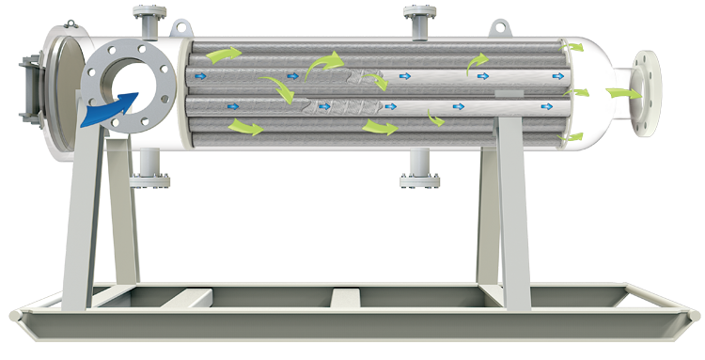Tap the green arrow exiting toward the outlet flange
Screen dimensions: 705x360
click(x=619, y=93)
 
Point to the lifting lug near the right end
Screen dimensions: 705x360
click(x=498, y=27)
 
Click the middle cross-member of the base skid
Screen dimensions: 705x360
click(x=344, y=299)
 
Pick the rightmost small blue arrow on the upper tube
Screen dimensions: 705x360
click(x=558, y=74)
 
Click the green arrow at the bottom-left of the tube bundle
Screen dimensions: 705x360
click(x=245, y=127)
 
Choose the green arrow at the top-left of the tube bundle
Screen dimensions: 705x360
click(x=222, y=55)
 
